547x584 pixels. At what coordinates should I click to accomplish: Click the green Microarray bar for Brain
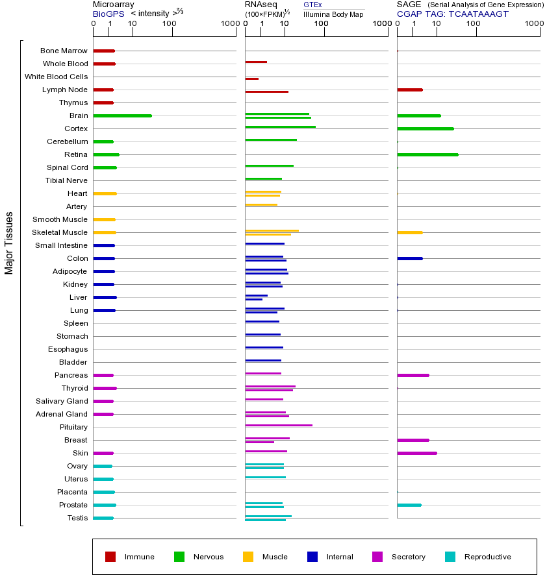tap(122, 116)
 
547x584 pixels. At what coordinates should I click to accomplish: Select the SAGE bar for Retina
tap(427, 154)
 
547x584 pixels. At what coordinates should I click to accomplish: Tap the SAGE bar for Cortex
tap(425, 128)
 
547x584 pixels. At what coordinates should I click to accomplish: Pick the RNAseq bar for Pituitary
tap(278, 425)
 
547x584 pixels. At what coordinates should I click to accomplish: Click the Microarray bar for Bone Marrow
tap(104, 51)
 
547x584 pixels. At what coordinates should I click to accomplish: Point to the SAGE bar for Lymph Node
tap(409, 90)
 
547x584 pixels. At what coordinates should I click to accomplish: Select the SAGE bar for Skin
tap(416, 453)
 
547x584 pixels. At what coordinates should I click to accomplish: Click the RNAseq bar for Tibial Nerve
tap(263, 178)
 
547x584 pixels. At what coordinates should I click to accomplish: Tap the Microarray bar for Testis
tap(103, 518)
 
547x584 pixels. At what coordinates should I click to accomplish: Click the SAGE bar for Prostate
tap(409, 505)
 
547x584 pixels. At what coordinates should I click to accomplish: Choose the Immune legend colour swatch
tap(110, 557)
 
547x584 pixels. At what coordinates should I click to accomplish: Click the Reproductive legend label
tap(487, 557)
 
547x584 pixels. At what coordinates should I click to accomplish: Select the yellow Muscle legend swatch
tap(248, 557)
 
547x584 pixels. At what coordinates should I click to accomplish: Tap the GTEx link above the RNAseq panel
tap(312, 5)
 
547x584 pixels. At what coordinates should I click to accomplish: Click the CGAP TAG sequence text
tap(453, 14)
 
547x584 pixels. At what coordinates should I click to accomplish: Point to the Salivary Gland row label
tap(63, 401)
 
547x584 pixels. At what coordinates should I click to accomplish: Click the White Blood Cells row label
tap(56, 77)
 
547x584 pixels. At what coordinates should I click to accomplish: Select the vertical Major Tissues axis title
tap(9, 243)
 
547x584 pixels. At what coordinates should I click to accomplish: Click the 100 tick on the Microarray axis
tap(170, 25)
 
